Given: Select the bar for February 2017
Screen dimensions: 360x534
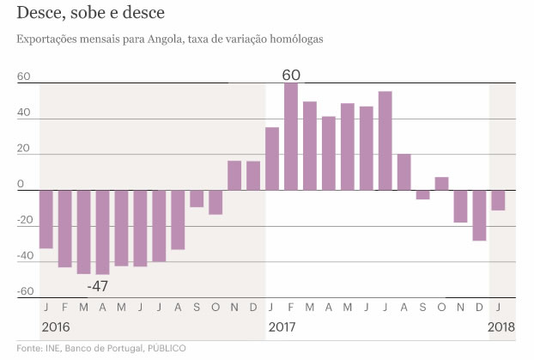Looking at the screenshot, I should (x=291, y=137).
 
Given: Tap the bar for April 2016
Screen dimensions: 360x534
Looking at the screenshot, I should (x=103, y=232).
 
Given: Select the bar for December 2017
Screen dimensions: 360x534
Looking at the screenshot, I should (x=479, y=216).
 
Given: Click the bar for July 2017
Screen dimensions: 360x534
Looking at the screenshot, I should (x=385, y=141).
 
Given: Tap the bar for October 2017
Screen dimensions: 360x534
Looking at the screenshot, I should (x=441, y=184).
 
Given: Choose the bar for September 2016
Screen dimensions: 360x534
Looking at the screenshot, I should (x=197, y=198).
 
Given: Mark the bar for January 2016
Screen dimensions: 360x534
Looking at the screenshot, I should (x=46, y=219).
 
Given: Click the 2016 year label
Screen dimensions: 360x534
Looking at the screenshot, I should (x=56, y=327).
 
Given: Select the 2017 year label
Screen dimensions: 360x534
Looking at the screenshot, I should (x=282, y=327).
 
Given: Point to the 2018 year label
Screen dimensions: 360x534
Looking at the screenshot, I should (x=501, y=327).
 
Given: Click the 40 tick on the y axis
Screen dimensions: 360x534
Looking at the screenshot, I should (x=24, y=113).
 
